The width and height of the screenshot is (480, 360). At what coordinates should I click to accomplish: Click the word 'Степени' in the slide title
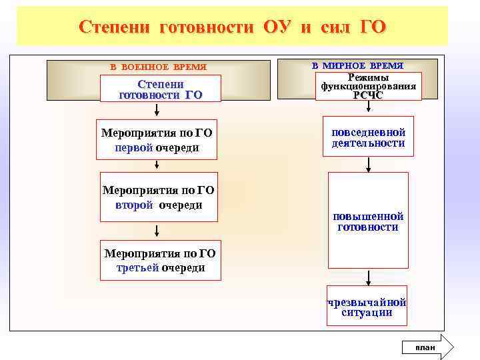tap(114, 27)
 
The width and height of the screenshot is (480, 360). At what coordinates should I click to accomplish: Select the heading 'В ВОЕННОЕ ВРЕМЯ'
tap(158, 67)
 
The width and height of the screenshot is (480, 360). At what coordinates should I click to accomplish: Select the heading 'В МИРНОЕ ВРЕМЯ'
tap(357, 65)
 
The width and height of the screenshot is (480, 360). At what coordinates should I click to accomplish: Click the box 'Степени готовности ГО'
tap(160, 89)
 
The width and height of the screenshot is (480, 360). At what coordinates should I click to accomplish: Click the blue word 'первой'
tap(134, 147)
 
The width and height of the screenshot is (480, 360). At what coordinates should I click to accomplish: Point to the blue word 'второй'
tap(135, 205)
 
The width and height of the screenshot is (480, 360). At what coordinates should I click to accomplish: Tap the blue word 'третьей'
tap(137, 268)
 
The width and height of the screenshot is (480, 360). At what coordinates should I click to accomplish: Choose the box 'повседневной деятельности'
tap(368, 137)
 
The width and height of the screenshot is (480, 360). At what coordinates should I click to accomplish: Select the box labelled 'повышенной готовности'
tap(368, 221)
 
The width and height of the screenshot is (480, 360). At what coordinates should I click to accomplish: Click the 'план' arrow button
tap(427, 347)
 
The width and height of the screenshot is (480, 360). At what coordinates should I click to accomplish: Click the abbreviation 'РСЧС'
tap(368, 95)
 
